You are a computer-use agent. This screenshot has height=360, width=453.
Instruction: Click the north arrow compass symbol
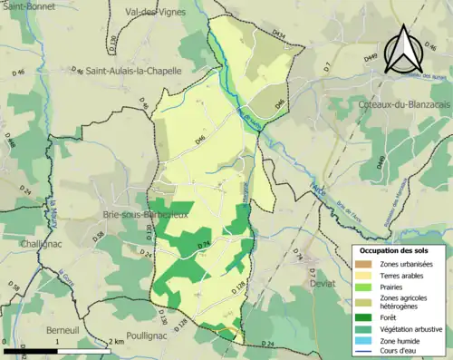click(403, 50)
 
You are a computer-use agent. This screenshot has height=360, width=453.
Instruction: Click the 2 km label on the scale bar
click(115, 341)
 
